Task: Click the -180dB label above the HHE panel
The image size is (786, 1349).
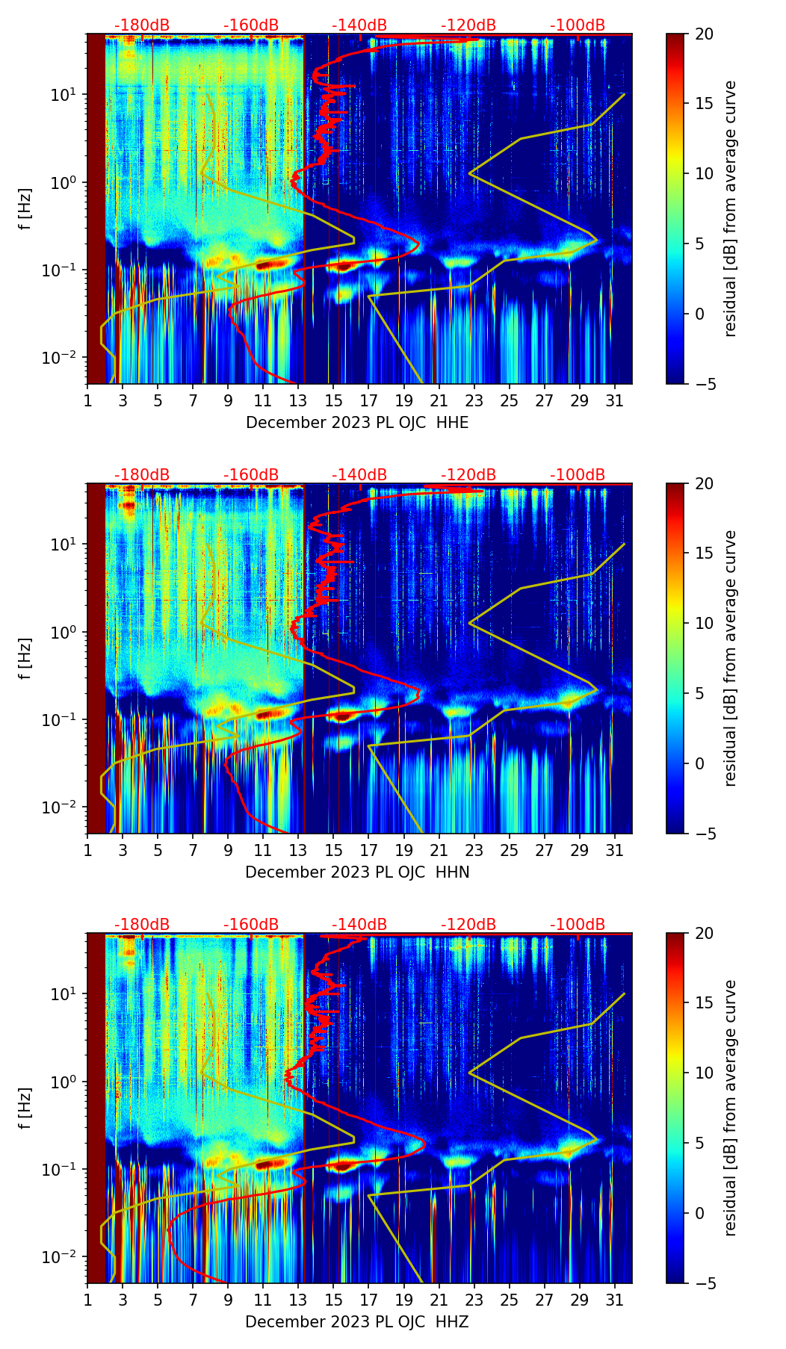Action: coord(142,25)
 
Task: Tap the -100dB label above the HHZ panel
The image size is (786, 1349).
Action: coord(578,925)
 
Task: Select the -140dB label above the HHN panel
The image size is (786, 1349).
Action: coord(359,475)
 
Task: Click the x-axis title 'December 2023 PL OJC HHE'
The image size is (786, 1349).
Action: coord(357,423)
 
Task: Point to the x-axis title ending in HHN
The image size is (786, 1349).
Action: coord(357,872)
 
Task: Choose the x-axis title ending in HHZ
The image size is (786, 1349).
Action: coord(357,1322)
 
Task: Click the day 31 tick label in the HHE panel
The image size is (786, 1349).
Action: coord(614,400)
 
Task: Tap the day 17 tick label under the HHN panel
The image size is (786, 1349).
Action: coord(368,850)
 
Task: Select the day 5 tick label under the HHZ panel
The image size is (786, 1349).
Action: coord(158,1300)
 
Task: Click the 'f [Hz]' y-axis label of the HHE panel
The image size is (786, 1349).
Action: coord(26,208)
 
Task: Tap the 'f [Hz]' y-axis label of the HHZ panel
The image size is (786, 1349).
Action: coord(26,1108)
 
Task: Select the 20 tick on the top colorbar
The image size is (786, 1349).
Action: coord(704,34)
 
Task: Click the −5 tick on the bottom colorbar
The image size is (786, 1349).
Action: coord(704,1283)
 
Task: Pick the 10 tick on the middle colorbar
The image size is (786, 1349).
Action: coord(704,623)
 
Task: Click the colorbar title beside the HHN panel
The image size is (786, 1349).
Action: coord(730,658)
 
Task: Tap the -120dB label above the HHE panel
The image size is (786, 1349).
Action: coord(468,25)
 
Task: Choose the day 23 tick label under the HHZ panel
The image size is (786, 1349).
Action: coord(474,1300)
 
